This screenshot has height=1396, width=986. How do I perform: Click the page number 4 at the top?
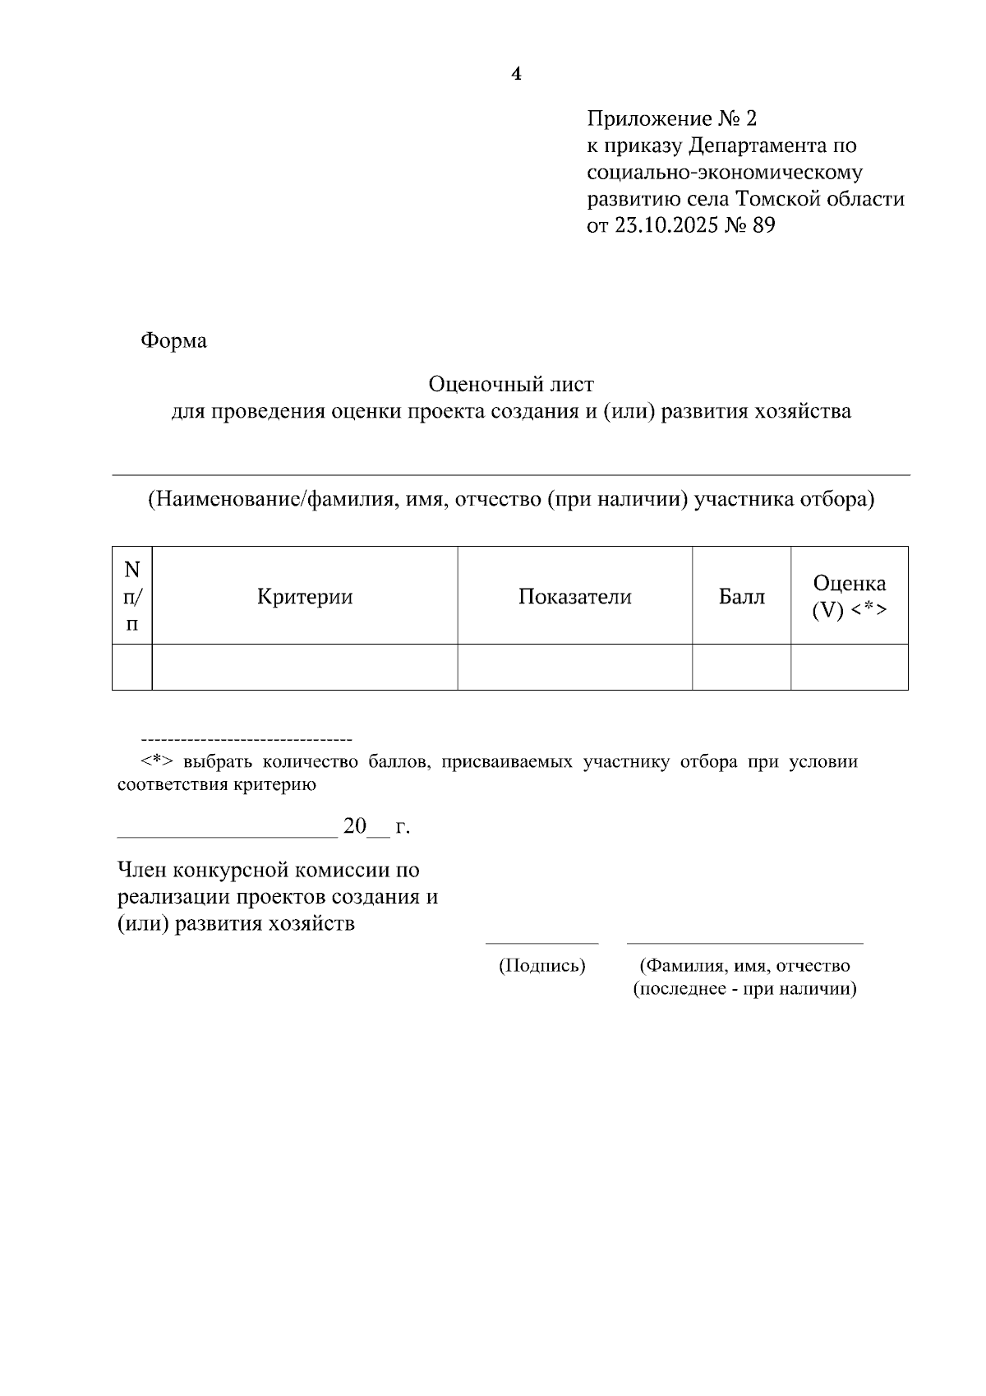(516, 75)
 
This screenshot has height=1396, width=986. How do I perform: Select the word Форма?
(173, 340)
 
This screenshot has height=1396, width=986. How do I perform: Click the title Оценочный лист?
(511, 384)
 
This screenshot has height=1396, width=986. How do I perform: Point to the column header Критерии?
(305, 597)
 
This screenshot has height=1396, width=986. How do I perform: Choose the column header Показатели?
(574, 597)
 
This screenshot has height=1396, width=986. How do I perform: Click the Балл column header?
(741, 597)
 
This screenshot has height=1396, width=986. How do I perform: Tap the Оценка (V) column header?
(849, 597)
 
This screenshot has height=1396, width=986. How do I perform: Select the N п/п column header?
(132, 595)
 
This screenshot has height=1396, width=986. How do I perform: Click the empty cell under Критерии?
(305, 667)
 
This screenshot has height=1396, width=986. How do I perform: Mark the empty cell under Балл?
(741, 667)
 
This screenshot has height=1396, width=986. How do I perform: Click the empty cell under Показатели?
(574, 667)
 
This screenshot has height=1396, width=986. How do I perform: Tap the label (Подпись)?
(542, 966)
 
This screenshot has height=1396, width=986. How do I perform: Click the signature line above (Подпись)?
(542, 943)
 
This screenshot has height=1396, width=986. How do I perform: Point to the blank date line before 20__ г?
(227, 836)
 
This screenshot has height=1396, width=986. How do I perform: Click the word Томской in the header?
(772, 199)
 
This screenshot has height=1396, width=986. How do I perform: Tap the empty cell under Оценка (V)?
(849, 667)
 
